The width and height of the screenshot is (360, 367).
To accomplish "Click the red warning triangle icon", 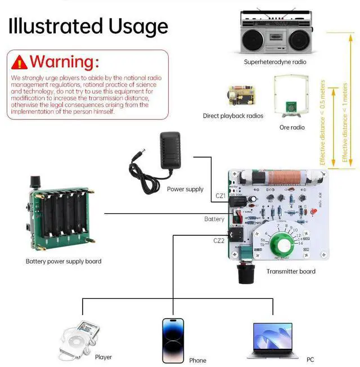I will tap(20, 61).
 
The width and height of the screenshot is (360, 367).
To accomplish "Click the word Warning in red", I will tap(64, 61).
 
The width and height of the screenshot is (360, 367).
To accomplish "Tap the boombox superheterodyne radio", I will tap(275, 33).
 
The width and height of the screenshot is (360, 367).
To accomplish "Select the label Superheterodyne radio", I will tap(275, 62).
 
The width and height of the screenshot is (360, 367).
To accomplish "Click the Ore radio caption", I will tap(292, 128).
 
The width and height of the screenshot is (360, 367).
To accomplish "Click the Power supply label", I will tap(185, 189).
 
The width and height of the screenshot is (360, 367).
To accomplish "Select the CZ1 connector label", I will tap(220, 196).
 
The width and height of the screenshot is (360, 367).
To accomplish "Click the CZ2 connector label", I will tap(219, 240).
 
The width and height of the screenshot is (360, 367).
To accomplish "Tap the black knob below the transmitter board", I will tap(246, 275).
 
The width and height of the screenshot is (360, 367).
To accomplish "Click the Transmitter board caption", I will tap(291, 271).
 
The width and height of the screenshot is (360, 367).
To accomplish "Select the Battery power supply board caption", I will tap(64, 261).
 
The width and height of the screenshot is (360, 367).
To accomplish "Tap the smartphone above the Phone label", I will tap(173, 341).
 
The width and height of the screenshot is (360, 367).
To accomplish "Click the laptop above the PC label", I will tap(272, 341).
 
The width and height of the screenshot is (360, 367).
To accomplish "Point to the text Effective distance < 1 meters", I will tap(346, 124).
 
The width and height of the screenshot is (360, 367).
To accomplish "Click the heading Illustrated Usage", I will tap(88, 26).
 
